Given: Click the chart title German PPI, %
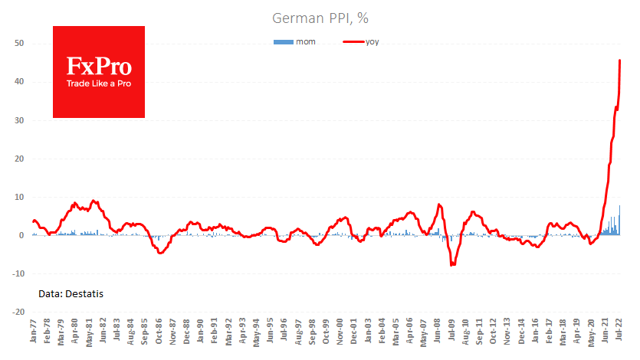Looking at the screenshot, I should [320, 17].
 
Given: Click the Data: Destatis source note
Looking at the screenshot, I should [71, 293].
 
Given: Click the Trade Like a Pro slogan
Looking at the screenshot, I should [98, 83].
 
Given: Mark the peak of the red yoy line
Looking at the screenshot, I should [619, 61].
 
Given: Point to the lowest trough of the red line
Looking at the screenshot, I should [453, 265].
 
